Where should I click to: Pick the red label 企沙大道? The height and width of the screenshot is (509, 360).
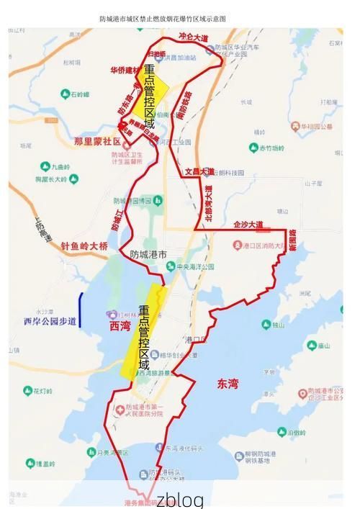tap(248, 225)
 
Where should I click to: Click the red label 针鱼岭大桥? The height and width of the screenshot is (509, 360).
tap(84, 246)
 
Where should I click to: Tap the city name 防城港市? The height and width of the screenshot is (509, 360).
tap(148, 254)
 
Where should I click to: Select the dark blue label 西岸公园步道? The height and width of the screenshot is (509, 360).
tap(50, 320)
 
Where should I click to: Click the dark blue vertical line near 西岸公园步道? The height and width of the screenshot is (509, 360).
tap(80, 311)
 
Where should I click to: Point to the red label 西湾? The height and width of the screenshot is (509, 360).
tap(120, 326)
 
